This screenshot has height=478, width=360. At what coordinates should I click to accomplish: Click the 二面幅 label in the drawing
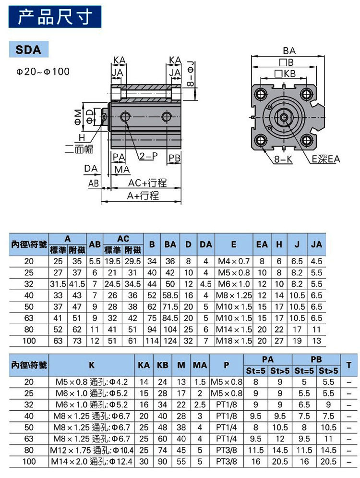click(79, 149)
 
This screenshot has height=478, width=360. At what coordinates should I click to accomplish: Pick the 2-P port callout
click(149, 156)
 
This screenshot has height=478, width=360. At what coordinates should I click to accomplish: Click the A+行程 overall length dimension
click(143, 196)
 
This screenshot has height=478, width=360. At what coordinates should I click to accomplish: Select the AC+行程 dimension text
click(147, 183)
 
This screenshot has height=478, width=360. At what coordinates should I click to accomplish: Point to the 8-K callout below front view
click(284, 159)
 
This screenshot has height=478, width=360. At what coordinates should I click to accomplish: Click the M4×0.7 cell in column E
click(234, 261)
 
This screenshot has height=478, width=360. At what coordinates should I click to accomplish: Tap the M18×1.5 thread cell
click(234, 341)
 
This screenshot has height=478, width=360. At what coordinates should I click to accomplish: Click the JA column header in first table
click(316, 244)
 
